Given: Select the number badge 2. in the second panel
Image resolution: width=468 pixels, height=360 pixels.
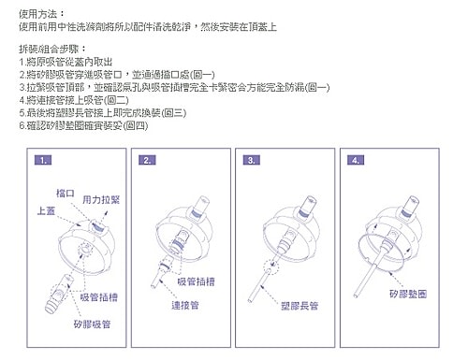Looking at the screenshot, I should [x=148, y=161].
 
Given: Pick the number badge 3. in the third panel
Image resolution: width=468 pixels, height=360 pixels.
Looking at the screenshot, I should [x=253, y=161].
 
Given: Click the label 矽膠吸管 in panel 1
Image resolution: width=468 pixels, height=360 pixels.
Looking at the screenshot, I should [x=92, y=324].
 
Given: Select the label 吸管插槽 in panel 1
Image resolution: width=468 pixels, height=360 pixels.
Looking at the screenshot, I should [x=98, y=296].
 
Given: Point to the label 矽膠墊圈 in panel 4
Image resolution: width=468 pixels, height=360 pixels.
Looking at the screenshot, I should [x=409, y=294].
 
